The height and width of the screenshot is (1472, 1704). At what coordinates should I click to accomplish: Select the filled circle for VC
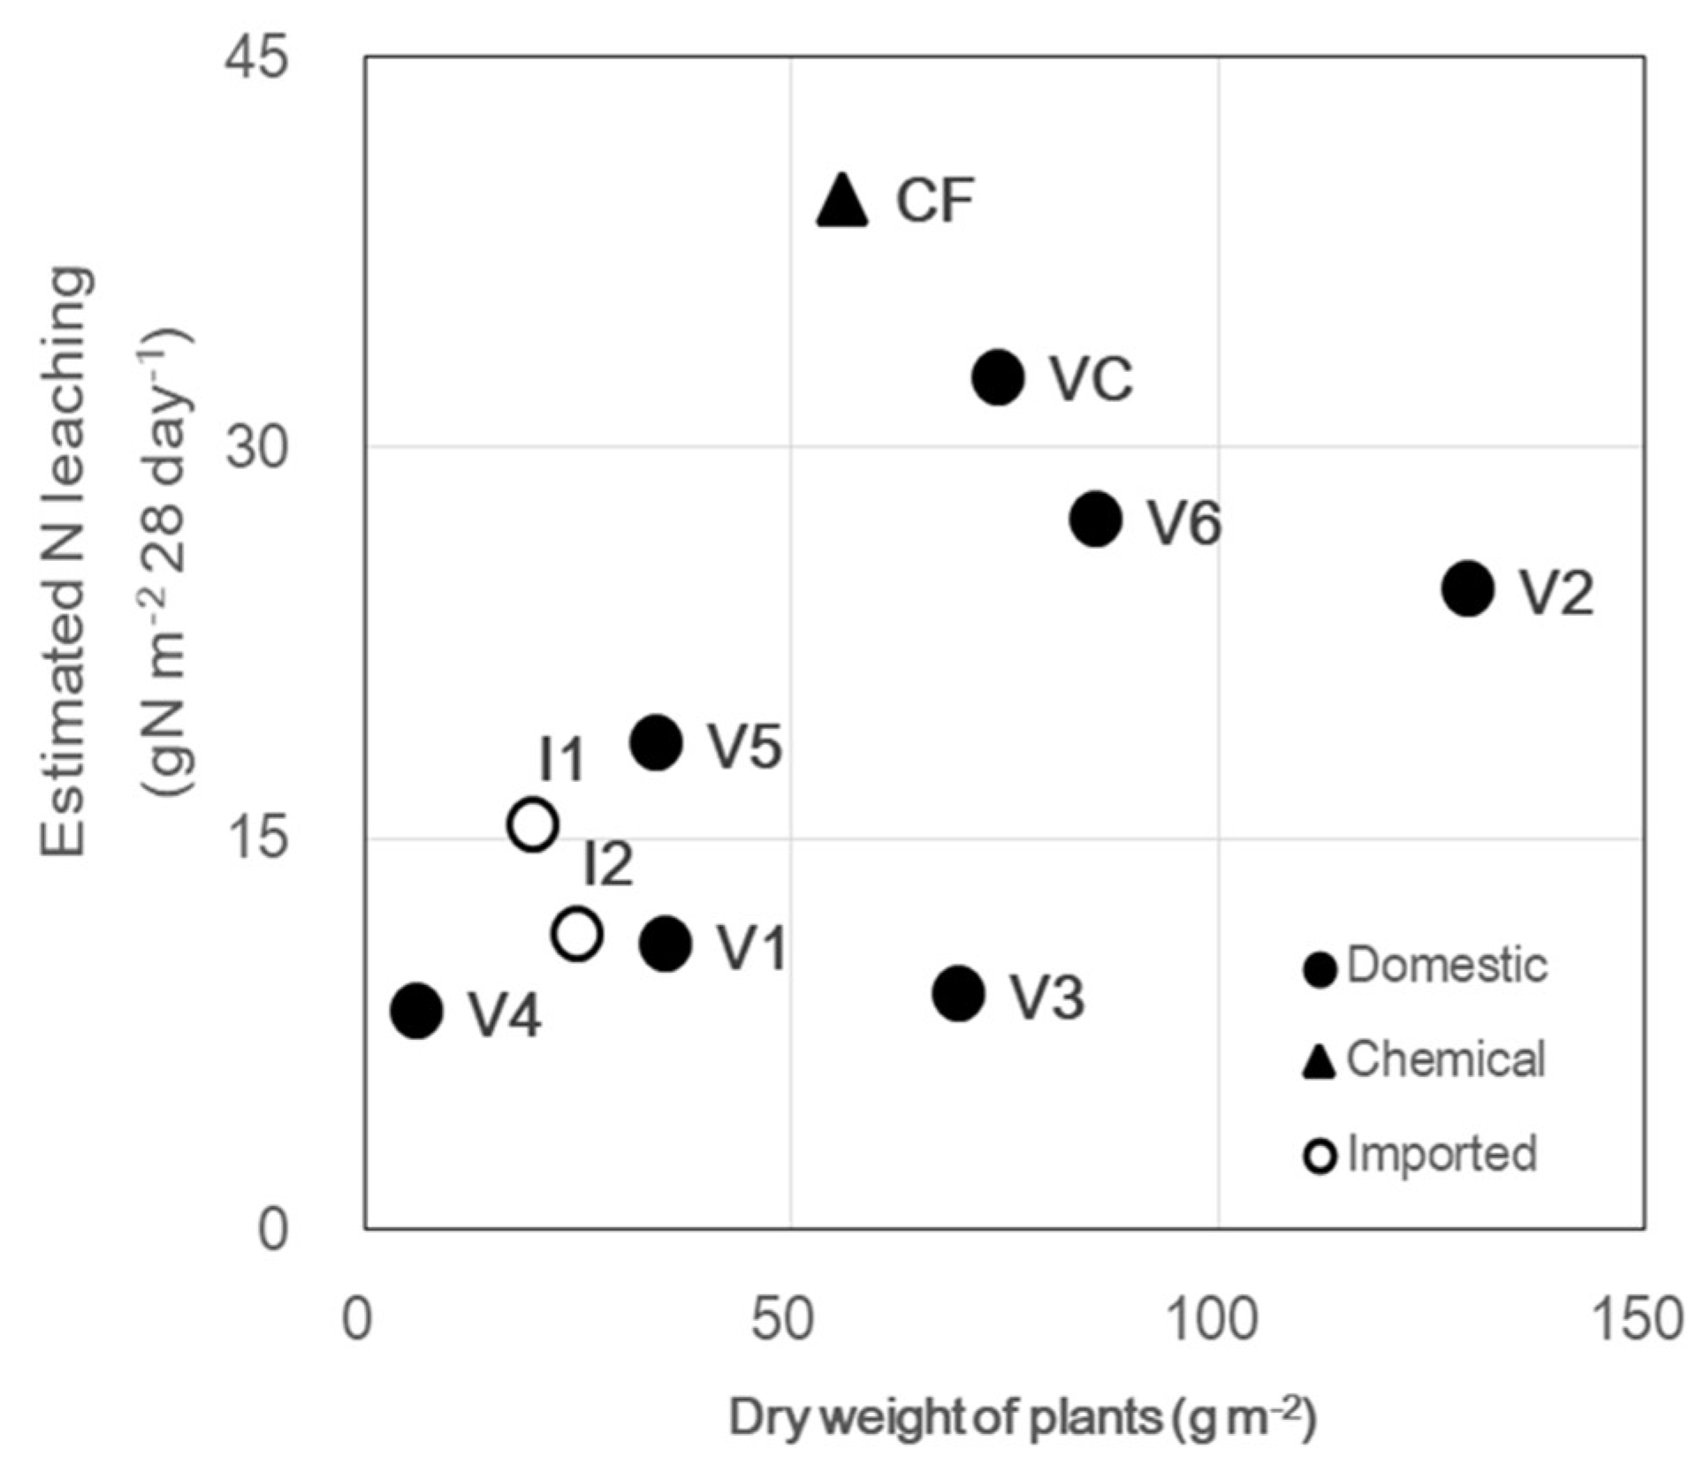click(999, 377)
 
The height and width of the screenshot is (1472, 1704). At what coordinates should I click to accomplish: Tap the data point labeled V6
click(1096, 519)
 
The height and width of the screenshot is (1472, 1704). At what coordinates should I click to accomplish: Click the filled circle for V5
click(656, 743)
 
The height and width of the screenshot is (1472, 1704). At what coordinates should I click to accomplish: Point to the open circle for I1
click(533, 824)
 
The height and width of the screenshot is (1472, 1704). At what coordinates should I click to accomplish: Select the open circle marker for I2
click(577, 933)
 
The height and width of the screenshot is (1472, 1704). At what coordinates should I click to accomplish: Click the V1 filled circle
click(666, 944)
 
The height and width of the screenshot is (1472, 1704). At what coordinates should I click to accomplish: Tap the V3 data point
click(958, 993)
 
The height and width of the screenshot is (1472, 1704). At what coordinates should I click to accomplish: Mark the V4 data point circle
click(416, 1010)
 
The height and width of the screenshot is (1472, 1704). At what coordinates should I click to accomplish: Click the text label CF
click(934, 201)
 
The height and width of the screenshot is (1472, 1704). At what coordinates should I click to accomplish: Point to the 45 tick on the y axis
click(256, 58)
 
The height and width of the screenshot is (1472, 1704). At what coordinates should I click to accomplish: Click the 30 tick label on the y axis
click(256, 448)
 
